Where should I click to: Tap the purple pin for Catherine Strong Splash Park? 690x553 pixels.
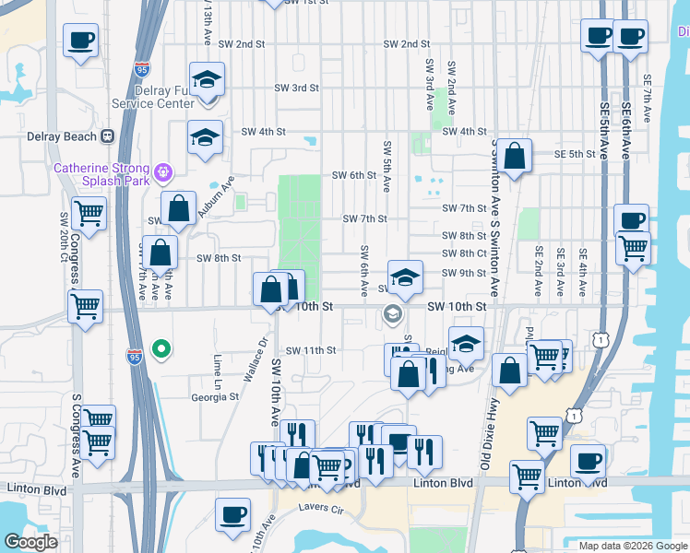[165, 171]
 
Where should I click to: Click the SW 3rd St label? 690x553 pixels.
[296, 88]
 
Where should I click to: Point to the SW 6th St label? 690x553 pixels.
[354, 175]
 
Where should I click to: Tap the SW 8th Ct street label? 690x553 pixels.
[464, 253]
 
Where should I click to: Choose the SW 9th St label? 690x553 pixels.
[464, 273]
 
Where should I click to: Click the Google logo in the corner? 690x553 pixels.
[31, 542]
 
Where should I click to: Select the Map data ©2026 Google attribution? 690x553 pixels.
[632, 546]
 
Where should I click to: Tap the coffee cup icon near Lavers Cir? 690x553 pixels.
[233, 513]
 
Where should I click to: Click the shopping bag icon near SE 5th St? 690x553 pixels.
[516, 155]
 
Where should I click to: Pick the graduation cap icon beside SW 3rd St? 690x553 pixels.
[207, 80]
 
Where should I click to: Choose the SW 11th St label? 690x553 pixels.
[311, 350]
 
